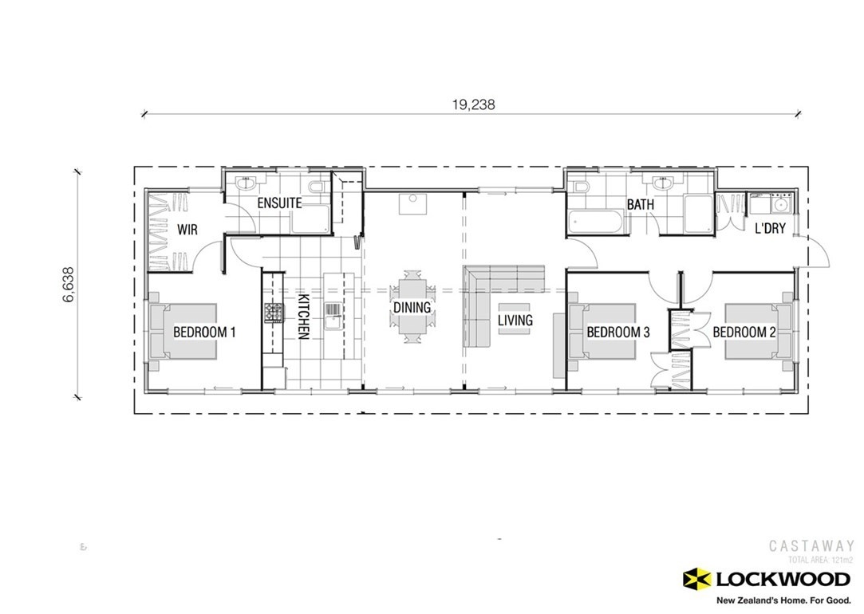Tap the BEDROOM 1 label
tap(204, 332)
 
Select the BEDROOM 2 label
tap(744, 332)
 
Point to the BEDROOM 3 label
tap(617, 332)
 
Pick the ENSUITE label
tap(278, 203)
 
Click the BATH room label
tap(640, 205)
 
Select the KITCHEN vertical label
tap(304, 317)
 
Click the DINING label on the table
tap(412, 307)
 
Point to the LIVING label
tap(515, 320)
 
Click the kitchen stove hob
tap(274, 313)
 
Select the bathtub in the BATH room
tap(598, 221)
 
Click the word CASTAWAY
tap(811, 546)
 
